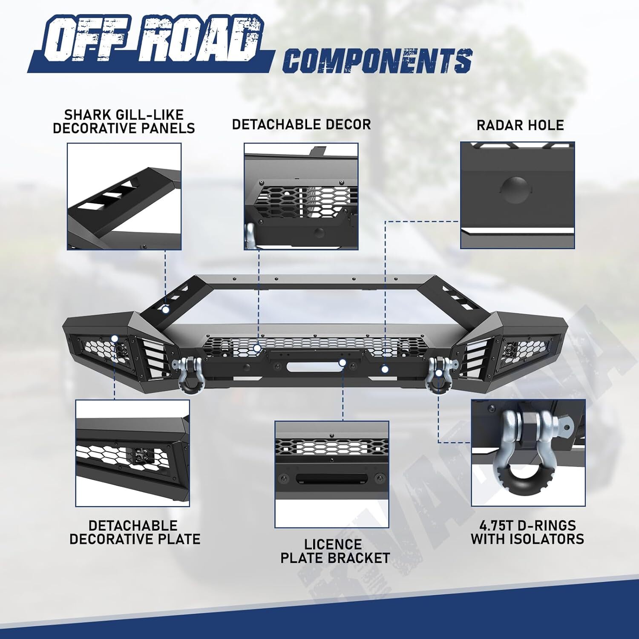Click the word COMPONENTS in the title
(377, 60)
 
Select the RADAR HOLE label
(520, 125)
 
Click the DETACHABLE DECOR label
(301, 124)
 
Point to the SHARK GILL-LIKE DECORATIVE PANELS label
(124, 121)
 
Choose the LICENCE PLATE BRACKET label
(335, 551)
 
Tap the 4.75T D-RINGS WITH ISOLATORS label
(527, 532)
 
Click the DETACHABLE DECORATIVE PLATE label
(135, 532)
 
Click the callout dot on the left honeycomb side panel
(115, 339)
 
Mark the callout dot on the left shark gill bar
(165, 310)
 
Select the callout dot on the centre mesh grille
(257, 348)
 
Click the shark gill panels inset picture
(124, 196)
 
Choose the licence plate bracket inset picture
(332, 474)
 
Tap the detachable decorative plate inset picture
(132, 453)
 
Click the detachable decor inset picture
(301, 196)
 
